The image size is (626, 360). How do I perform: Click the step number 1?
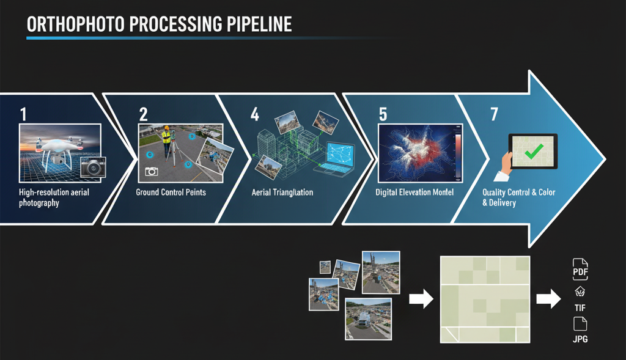point(23,114)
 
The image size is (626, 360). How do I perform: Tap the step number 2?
point(144,114)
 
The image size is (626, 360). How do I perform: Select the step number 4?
point(255,114)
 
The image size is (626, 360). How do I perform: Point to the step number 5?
point(383,114)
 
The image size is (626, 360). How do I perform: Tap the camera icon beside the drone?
point(93,167)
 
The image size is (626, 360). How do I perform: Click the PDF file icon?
point(580,268)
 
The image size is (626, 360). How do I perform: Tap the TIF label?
point(580,309)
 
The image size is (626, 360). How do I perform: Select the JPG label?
point(580,339)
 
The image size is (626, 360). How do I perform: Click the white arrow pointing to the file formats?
point(548,299)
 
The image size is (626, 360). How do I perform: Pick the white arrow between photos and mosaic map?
point(420,299)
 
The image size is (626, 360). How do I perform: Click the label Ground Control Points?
point(171,193)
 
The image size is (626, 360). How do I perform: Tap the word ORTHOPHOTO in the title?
point(71,25)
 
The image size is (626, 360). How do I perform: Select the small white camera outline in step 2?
point(152,172)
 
